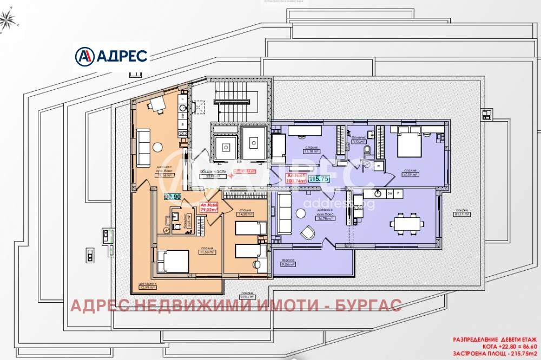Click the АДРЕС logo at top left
[x=111, y=56]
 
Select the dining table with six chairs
[x=407, y=223]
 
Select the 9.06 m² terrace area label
[x=288, y=265]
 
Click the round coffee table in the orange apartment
[x=157, y=146]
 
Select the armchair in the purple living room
[x=307, y=232]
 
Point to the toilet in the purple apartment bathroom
[x=367, y=150]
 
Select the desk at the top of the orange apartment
[x=157, y=103]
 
